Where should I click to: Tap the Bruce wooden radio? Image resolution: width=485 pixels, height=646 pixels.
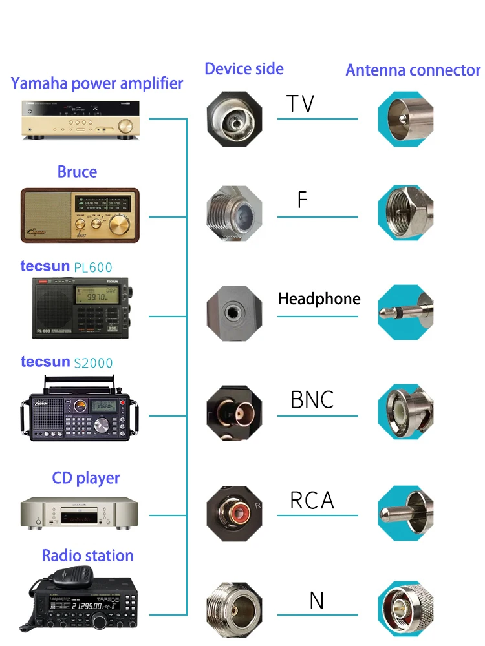(x=80, y=216)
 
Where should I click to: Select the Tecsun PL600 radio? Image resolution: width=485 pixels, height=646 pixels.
(x=80, y=308)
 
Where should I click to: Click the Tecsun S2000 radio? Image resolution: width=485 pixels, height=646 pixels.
(x=80, y=408)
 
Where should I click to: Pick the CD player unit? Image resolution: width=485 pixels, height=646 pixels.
(x=80, y=512)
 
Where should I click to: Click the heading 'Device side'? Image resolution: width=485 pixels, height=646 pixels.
(x=244, y=68)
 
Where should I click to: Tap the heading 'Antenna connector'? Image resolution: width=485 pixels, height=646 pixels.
(x=413, y=70)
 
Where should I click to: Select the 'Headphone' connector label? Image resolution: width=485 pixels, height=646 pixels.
(x=319, y=298)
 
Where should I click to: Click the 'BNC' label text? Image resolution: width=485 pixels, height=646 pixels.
(x=312, y=400)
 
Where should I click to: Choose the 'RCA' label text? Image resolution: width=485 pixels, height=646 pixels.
(x=312, y=500)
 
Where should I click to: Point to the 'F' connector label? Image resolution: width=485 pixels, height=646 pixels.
(x=302, y=200)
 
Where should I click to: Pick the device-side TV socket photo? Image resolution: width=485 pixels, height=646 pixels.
(x=233, y=119)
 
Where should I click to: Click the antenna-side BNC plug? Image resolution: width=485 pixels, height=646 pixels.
(x=405, y=413)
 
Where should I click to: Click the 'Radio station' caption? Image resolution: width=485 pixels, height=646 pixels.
(x=87, y=556)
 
